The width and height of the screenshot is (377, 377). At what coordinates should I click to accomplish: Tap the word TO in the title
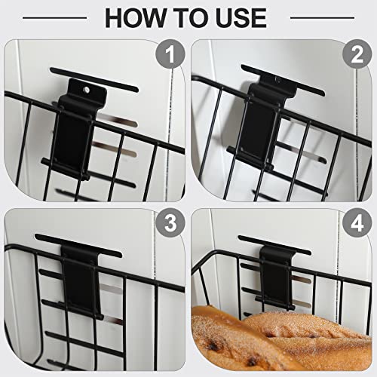[185, 17]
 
